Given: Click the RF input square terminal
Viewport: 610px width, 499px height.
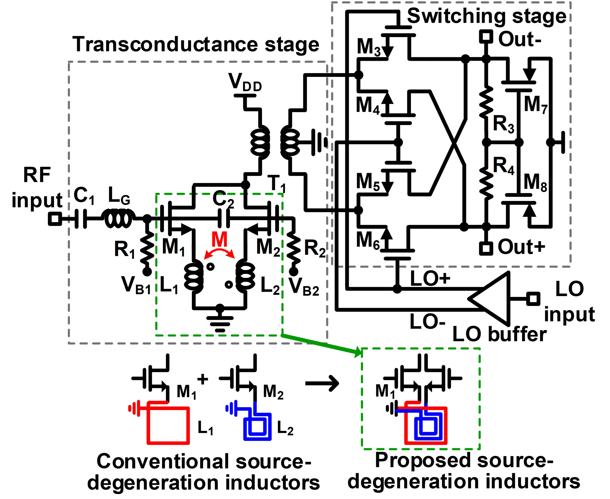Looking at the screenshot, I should pyautogui.click(x=55, y=219).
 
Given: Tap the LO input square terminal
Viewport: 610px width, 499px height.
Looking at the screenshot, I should pyautogui.click(x=533, y=299).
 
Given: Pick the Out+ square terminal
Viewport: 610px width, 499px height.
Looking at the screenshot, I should pyautogui.click(x=486, y=248).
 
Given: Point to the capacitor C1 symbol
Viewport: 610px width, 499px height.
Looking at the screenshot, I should pyautogui.click(x=81, y=219).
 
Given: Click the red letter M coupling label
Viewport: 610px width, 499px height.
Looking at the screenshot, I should pyautogui.click(x=219, y=239).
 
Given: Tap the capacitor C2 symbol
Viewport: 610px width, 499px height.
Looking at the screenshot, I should pyautogui.click(x=224, y=219).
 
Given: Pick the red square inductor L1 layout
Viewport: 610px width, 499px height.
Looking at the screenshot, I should pyautogui.click(x=168, y=425).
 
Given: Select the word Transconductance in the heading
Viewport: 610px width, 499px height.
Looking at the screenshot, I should pyautogui.click(x=165, y=45).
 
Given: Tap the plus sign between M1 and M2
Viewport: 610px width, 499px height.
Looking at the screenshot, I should pyautogui.click(x=203, y=379).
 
